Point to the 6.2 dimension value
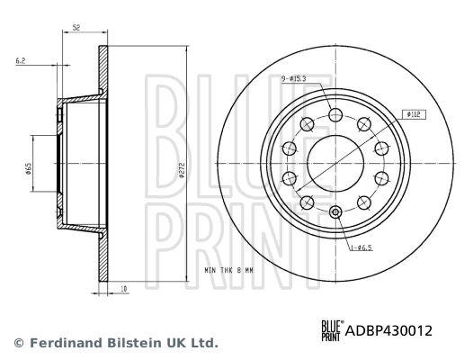[x=20, y=61]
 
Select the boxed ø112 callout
[x=415, y=115]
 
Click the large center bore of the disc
[x=335, y=163]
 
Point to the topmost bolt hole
[x=335, y=115]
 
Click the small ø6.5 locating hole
[x=335, y=212]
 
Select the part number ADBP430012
[x=388, y=331]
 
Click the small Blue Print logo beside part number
[x=330, y=331]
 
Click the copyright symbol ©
[x=16, y=343]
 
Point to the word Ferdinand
[x=60, y=343]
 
